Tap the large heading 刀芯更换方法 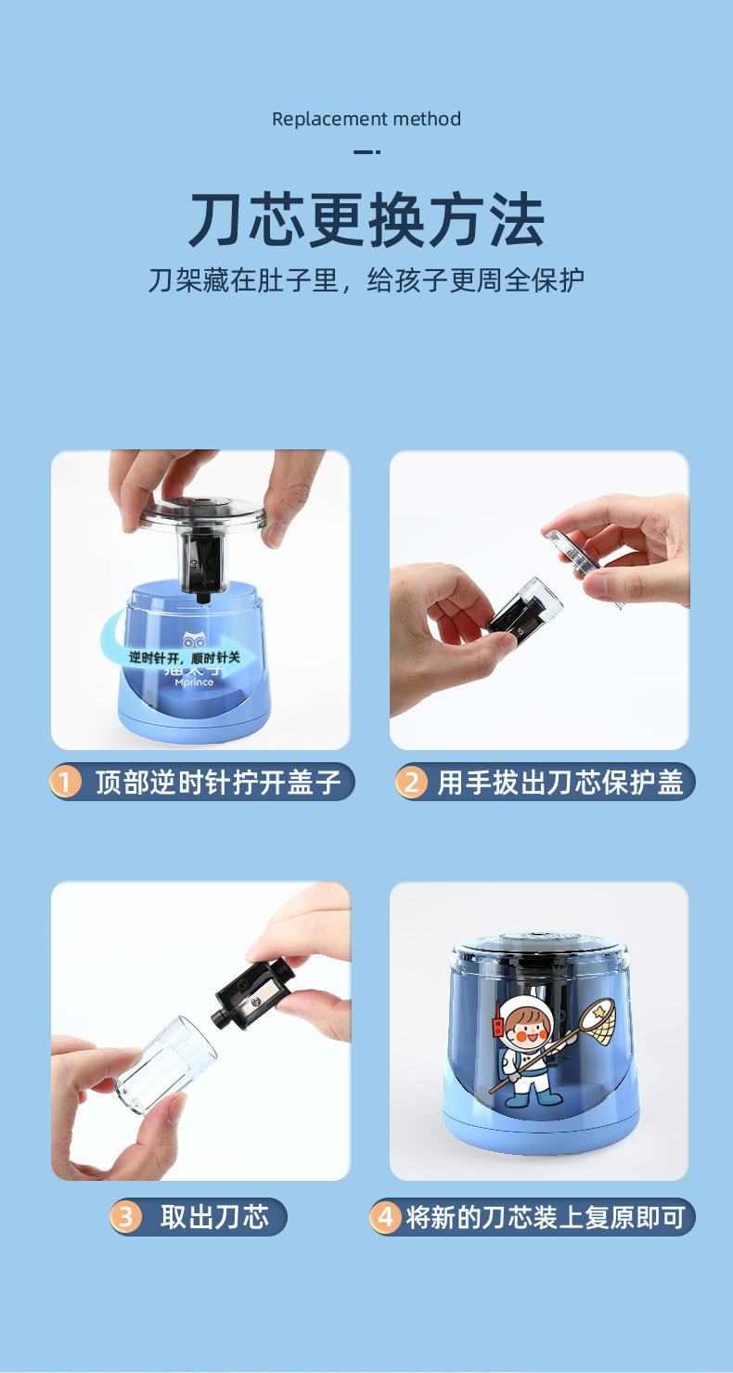coord(366,219)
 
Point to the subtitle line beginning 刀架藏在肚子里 coord(366,280)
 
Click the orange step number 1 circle coord(66,783)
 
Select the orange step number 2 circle coord(411,783)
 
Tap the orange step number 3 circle coord(125,1217)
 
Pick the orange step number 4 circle coord(385,1217)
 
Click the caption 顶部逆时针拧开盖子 coord(217,783)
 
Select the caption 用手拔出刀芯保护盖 coord(560,783)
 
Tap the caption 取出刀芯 coord(214,1217)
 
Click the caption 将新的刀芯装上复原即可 coord(546,1217)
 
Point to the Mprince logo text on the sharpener coord(194,682)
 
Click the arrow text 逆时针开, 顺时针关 coord(184,657)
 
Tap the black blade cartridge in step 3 coord(252,994)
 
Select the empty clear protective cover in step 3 coord(165,1064)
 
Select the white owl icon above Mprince coord(194,640)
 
